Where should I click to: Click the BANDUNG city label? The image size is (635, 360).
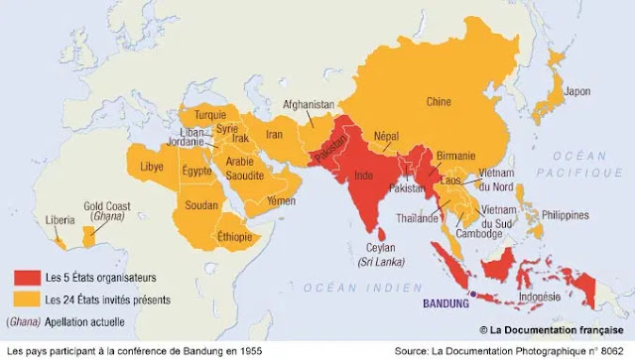coord(445,304)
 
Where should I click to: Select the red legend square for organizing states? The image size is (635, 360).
coord(25,277)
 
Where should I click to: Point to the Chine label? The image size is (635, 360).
coord(438,101)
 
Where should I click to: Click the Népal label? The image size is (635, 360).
coord(385,136)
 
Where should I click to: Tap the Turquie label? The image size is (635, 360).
coord(209,115)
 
